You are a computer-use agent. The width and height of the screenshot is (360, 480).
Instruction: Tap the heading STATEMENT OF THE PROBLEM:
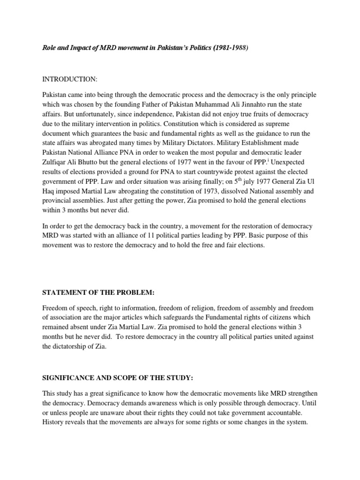(x=98, y=292)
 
